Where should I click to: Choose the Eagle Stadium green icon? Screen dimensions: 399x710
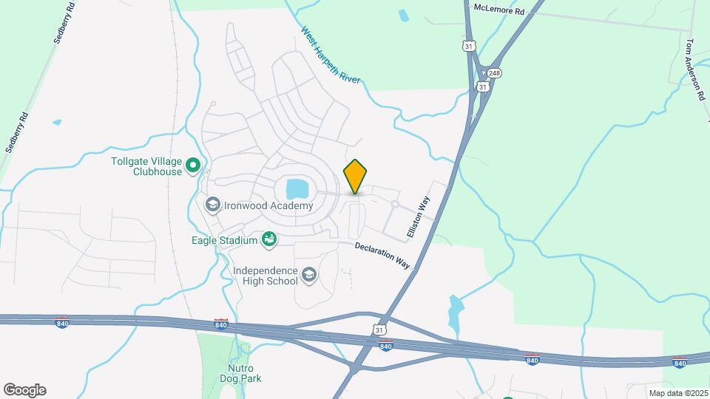point(269,239)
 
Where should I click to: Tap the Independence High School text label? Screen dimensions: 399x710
point(265,276)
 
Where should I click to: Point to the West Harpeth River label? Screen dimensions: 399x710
point(330,55)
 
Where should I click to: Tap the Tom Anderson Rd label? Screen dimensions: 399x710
point(695,70)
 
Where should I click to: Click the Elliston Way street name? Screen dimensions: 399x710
point(418,216)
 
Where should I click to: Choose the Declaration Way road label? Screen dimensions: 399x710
point(382,256)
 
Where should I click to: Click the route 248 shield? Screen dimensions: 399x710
point(495,72)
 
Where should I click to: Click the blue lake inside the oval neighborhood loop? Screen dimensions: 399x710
point(297,188)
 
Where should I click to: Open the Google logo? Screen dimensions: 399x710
point(24,390)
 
